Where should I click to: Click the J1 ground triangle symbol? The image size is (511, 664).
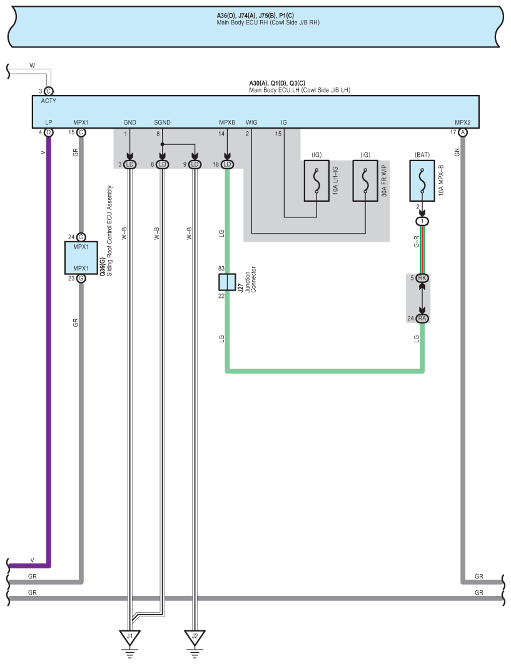[130, 637]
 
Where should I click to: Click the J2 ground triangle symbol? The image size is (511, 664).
[195, 637]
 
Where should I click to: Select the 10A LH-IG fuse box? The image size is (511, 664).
[316, 181]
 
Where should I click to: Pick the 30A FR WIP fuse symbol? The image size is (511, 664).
[365, 181]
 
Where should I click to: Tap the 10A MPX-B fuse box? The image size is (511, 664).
[422, 181]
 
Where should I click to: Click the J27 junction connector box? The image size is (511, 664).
[226, 282]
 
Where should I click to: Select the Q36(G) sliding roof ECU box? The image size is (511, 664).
[81, 258]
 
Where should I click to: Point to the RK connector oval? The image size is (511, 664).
[422, 278]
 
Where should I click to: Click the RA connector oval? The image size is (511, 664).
[422, 319]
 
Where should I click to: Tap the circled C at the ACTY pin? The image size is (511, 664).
[49, 91]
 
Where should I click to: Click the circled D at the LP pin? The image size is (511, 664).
[49, 132]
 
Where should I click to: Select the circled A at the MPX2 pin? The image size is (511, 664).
[463, 132]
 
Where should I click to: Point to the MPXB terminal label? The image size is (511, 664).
[226, 122]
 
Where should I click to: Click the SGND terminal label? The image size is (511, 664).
[162, 122]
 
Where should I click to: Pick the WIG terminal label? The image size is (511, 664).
[251, 122]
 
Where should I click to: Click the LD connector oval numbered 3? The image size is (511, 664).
[130, 164]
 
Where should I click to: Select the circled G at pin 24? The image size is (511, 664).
[81, 237]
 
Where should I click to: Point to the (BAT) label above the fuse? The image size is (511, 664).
[422, 154]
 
